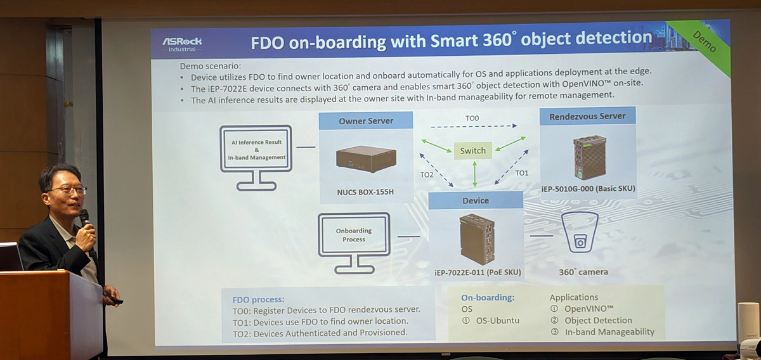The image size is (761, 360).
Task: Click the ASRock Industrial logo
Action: tap(182, 44)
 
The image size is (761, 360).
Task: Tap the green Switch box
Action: tap(472, 150)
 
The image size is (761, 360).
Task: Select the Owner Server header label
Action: tap(366, 120)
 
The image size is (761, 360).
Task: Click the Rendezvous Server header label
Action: tap(587, 116)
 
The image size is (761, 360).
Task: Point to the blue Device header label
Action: tap(476, 200)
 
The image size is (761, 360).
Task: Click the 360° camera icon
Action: tap(580, 233)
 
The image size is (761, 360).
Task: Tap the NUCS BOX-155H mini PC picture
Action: tap(366, 159)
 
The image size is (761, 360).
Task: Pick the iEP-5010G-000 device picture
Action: tap(589, 157)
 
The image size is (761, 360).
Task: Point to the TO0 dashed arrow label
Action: tap(472, 118)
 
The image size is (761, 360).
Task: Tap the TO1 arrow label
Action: tap(521, 172)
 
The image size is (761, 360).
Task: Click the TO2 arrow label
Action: tap(427, 174)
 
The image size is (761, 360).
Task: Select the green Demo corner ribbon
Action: tap(704, 42)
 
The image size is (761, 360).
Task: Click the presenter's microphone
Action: tap(84, 219)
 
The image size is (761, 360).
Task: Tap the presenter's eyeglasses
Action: tap(67, 190)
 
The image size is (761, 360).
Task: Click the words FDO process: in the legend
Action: tap(259, 299)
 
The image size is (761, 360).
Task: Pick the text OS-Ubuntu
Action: tap(497, 320)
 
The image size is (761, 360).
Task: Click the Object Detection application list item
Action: tap(598, 320)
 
